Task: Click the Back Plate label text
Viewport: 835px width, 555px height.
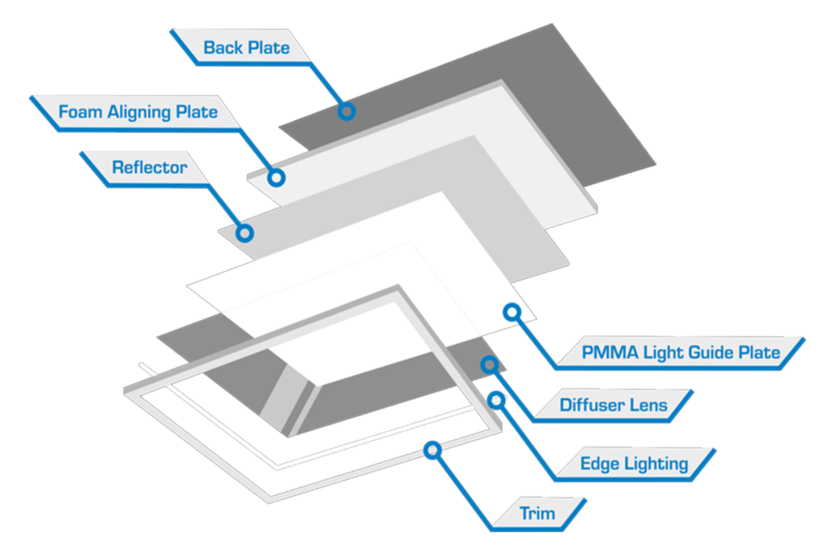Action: (246, 48)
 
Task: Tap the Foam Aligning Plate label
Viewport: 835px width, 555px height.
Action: (138, 112)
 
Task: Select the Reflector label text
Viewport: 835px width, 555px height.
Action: (149, 167)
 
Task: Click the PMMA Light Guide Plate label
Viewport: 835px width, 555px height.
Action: (681, 352)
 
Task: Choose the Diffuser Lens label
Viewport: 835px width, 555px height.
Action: (613, 405)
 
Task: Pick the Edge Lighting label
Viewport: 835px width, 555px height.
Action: (634, 463)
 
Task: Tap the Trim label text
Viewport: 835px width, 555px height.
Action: (537, 514)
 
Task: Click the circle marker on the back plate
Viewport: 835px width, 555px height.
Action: (347, 112)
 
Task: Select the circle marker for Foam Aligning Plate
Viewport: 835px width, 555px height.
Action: (276, 178)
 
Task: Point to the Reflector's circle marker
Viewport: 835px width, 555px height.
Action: (244, 233)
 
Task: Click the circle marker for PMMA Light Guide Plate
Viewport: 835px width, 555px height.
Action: (512, 312)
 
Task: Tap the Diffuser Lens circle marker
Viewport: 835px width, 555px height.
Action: (489, 365)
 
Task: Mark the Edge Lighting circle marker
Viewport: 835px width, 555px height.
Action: (497, 400)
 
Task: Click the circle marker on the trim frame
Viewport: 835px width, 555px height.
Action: (432, 450)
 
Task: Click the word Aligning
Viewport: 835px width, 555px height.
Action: (139, 112)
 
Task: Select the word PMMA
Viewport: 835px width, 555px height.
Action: (610, 352)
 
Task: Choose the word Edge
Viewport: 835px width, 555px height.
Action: (600, 463)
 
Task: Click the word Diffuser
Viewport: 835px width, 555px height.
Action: (592, 405)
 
